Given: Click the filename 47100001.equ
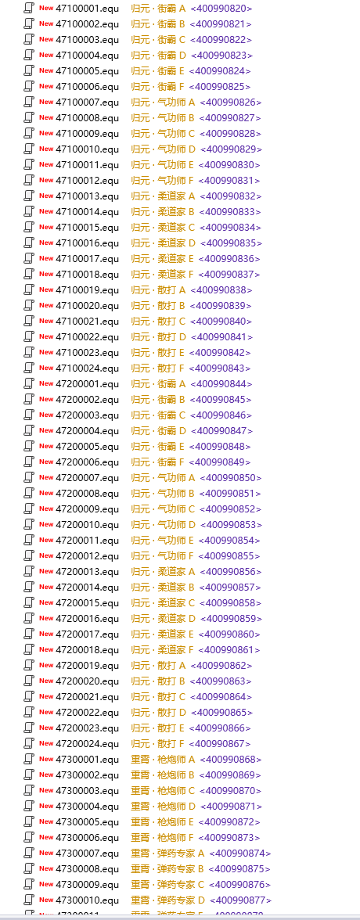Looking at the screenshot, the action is coord(87,8).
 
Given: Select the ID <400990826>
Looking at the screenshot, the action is coord(230,102).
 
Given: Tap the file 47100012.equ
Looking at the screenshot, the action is coord(87,180).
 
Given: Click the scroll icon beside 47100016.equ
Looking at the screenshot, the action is coord(29,243).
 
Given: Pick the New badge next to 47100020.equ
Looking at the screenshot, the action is coord(46,305).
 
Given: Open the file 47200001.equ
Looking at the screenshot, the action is coord(87,383).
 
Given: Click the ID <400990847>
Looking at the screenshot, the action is coord(222,430).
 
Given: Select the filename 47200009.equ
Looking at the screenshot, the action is coord(87,509).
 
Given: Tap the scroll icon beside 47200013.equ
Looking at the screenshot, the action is coord(29,571).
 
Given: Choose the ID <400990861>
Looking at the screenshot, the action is coord(229,649).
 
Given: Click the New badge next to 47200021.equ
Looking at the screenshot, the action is coord(46,696).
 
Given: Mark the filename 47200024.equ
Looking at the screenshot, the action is coord(87,743).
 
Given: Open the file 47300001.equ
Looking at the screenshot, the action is coord(87,759).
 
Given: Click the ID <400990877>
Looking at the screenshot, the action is coord(240,900).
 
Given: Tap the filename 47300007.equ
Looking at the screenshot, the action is coord(87,853).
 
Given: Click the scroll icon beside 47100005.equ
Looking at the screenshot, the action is coord(29,71).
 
